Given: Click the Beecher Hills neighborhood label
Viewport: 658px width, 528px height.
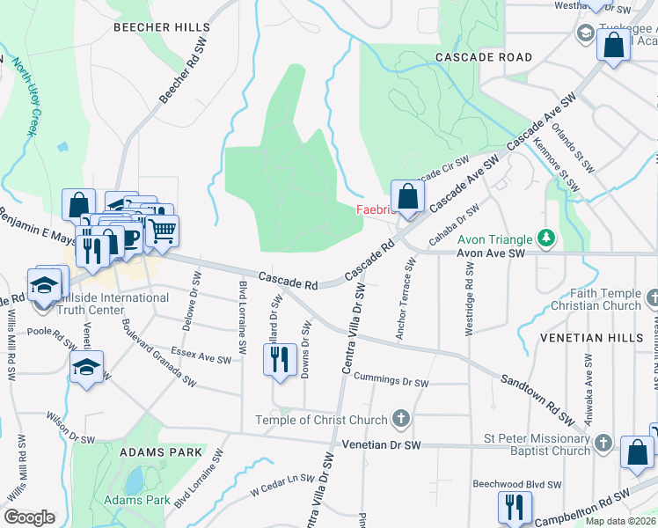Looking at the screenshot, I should click(161, 27).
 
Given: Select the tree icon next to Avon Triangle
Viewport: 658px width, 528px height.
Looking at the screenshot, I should click(546, 238).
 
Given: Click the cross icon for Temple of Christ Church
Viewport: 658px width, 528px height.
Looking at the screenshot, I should click(401, 419).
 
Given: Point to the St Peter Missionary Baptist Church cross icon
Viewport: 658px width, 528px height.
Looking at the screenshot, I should click(603, 443).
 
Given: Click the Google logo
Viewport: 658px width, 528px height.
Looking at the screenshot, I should click(29, 517).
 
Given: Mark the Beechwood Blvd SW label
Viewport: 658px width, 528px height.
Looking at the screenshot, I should click(516, 485).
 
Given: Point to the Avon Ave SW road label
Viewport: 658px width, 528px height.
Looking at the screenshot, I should click(490, 253).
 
